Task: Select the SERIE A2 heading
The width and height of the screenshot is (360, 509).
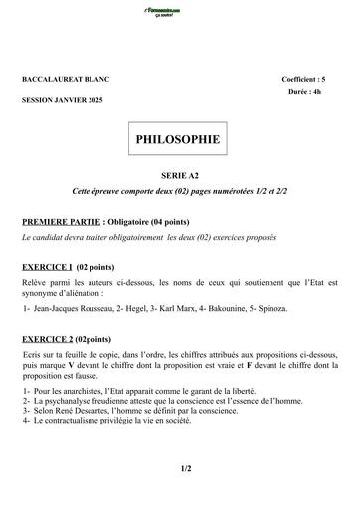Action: pos(179,174)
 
